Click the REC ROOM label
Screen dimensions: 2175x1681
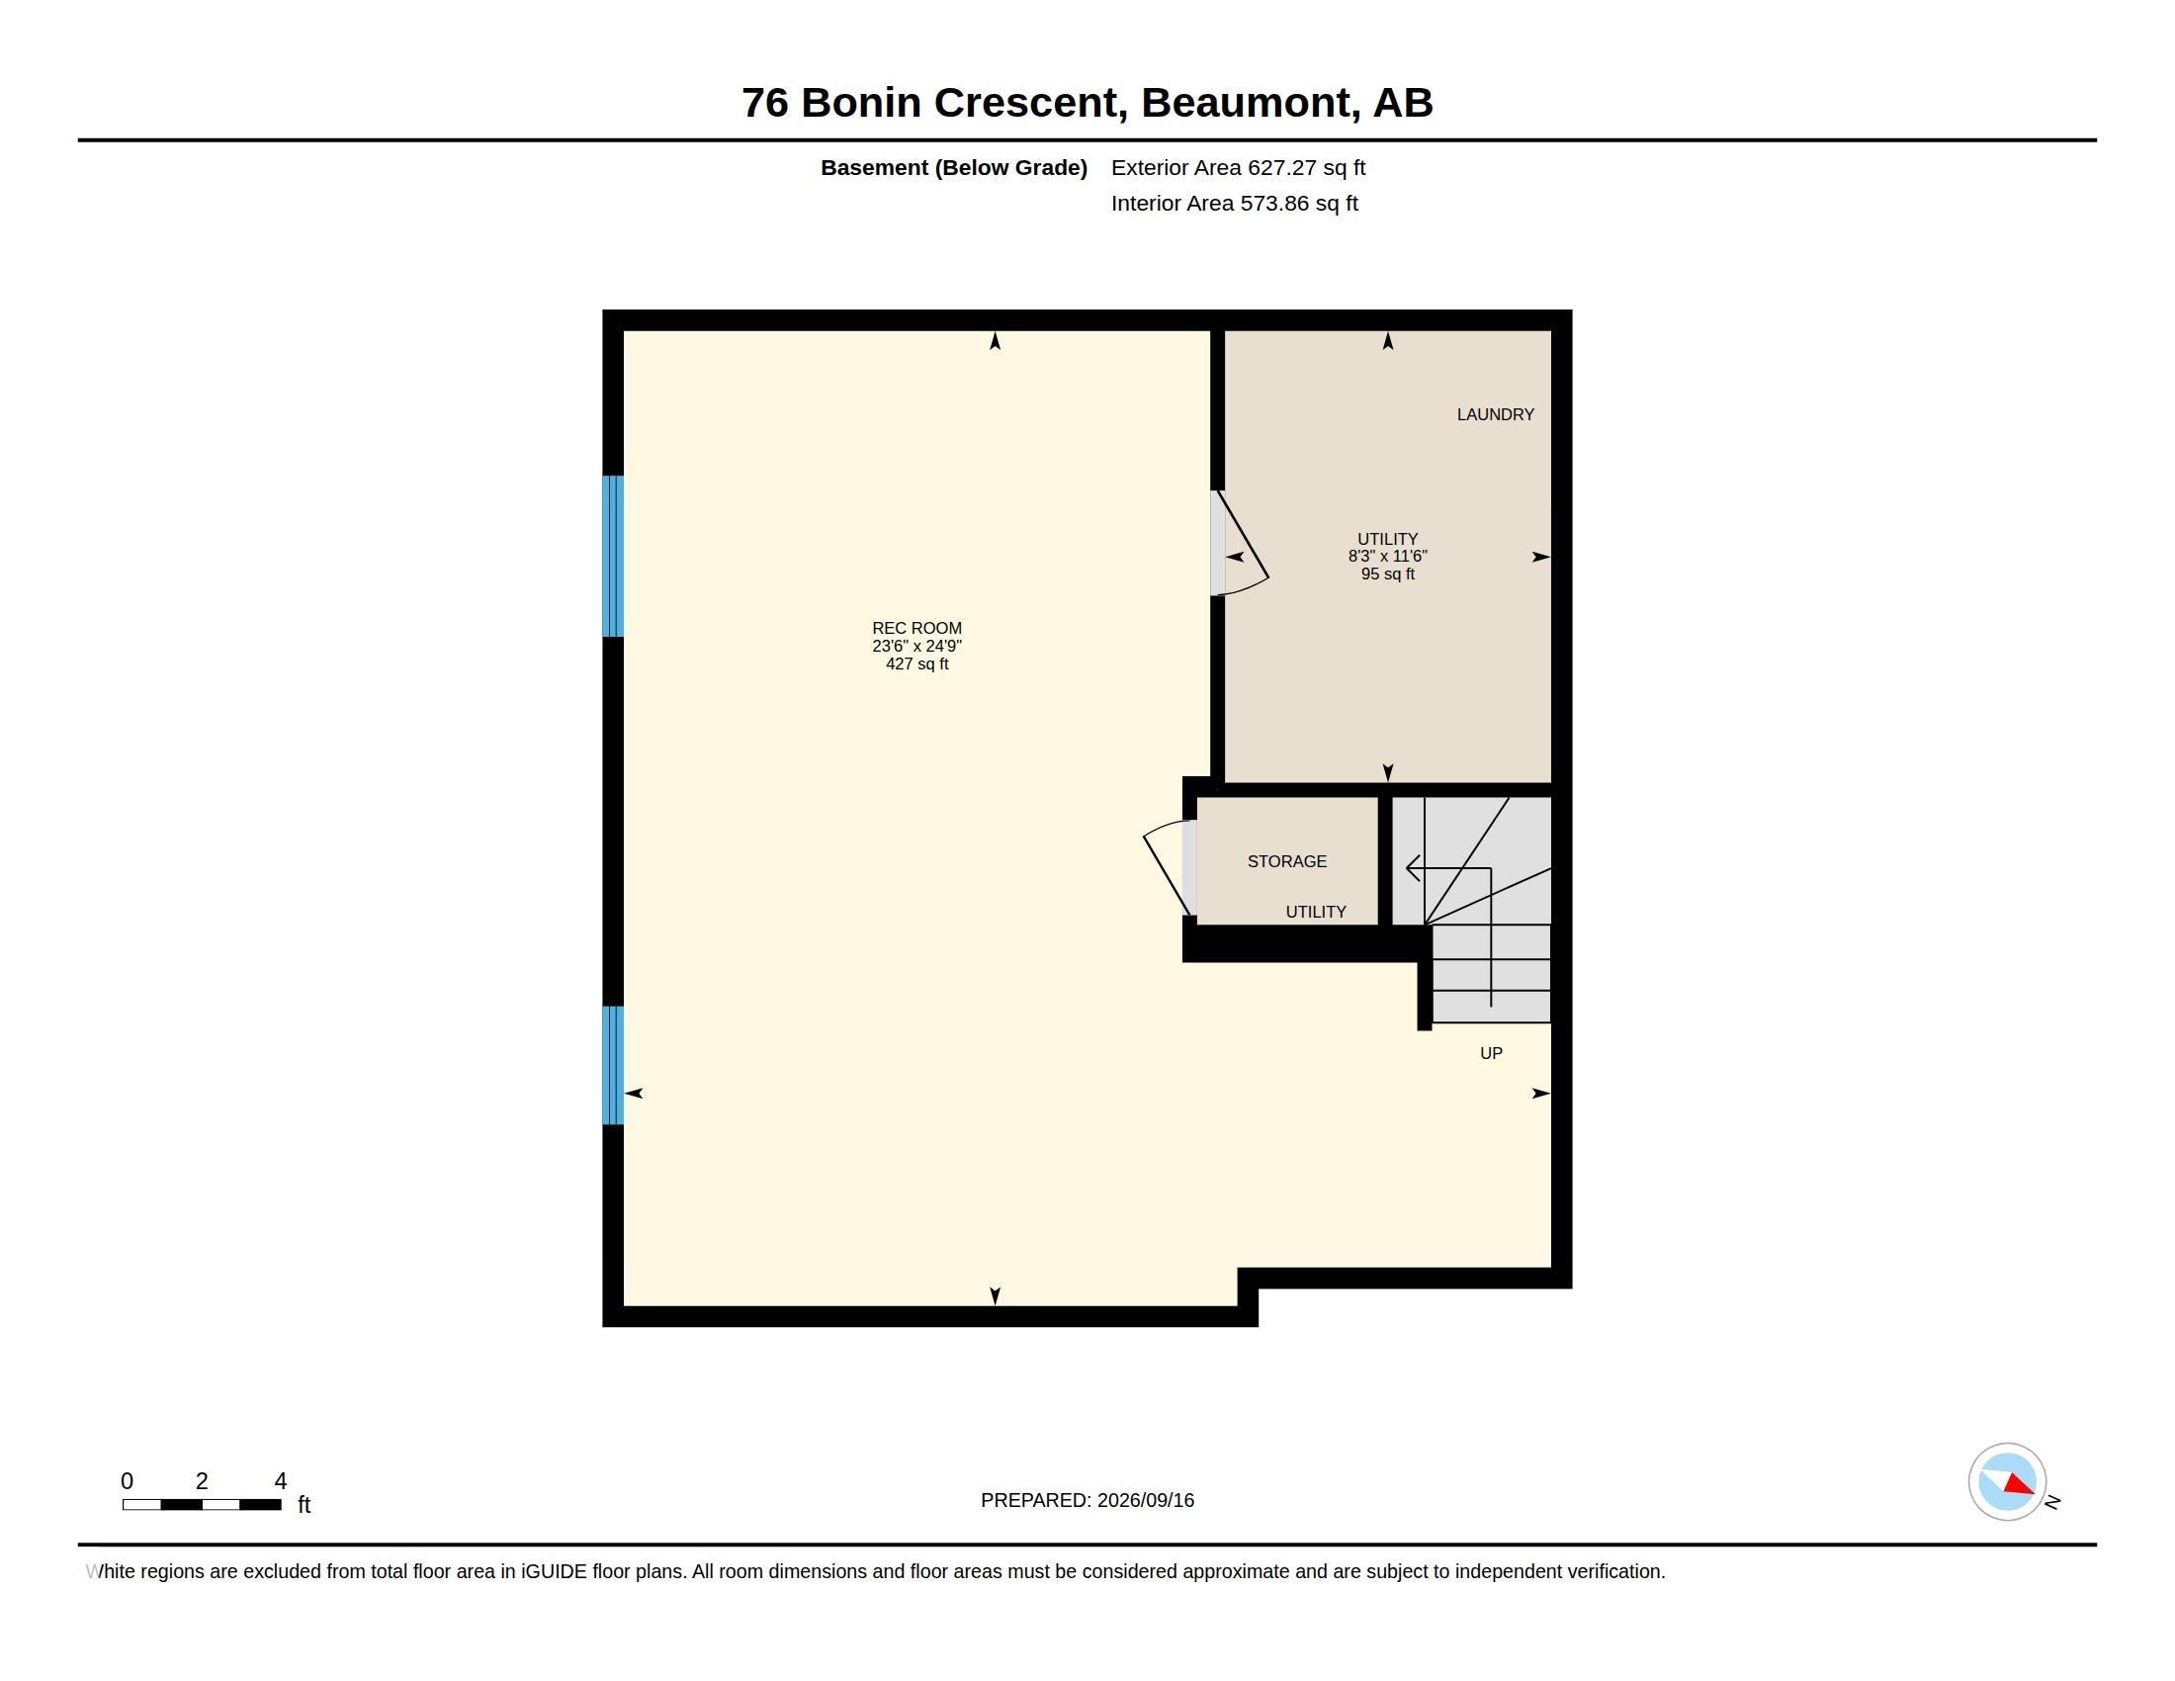916,628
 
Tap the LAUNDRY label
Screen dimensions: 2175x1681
1495,414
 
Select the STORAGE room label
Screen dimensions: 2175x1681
1286,861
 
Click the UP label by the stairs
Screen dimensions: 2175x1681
1491,1054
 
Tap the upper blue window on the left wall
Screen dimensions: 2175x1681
614,556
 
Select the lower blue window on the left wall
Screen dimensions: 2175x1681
614,1065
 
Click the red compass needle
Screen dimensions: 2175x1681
2018,1484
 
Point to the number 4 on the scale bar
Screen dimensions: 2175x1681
281,1481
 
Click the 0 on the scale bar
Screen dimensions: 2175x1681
127,1481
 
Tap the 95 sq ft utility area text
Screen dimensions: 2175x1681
1387,574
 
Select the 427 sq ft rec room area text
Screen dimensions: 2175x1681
916,664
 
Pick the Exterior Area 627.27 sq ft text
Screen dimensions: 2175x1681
1238,167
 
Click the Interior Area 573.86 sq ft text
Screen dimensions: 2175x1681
1234,203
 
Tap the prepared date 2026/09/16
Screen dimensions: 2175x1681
1145,1500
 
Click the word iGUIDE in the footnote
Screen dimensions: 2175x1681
554,1571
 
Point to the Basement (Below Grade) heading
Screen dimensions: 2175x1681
953,167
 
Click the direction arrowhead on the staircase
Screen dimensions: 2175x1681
1412,868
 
